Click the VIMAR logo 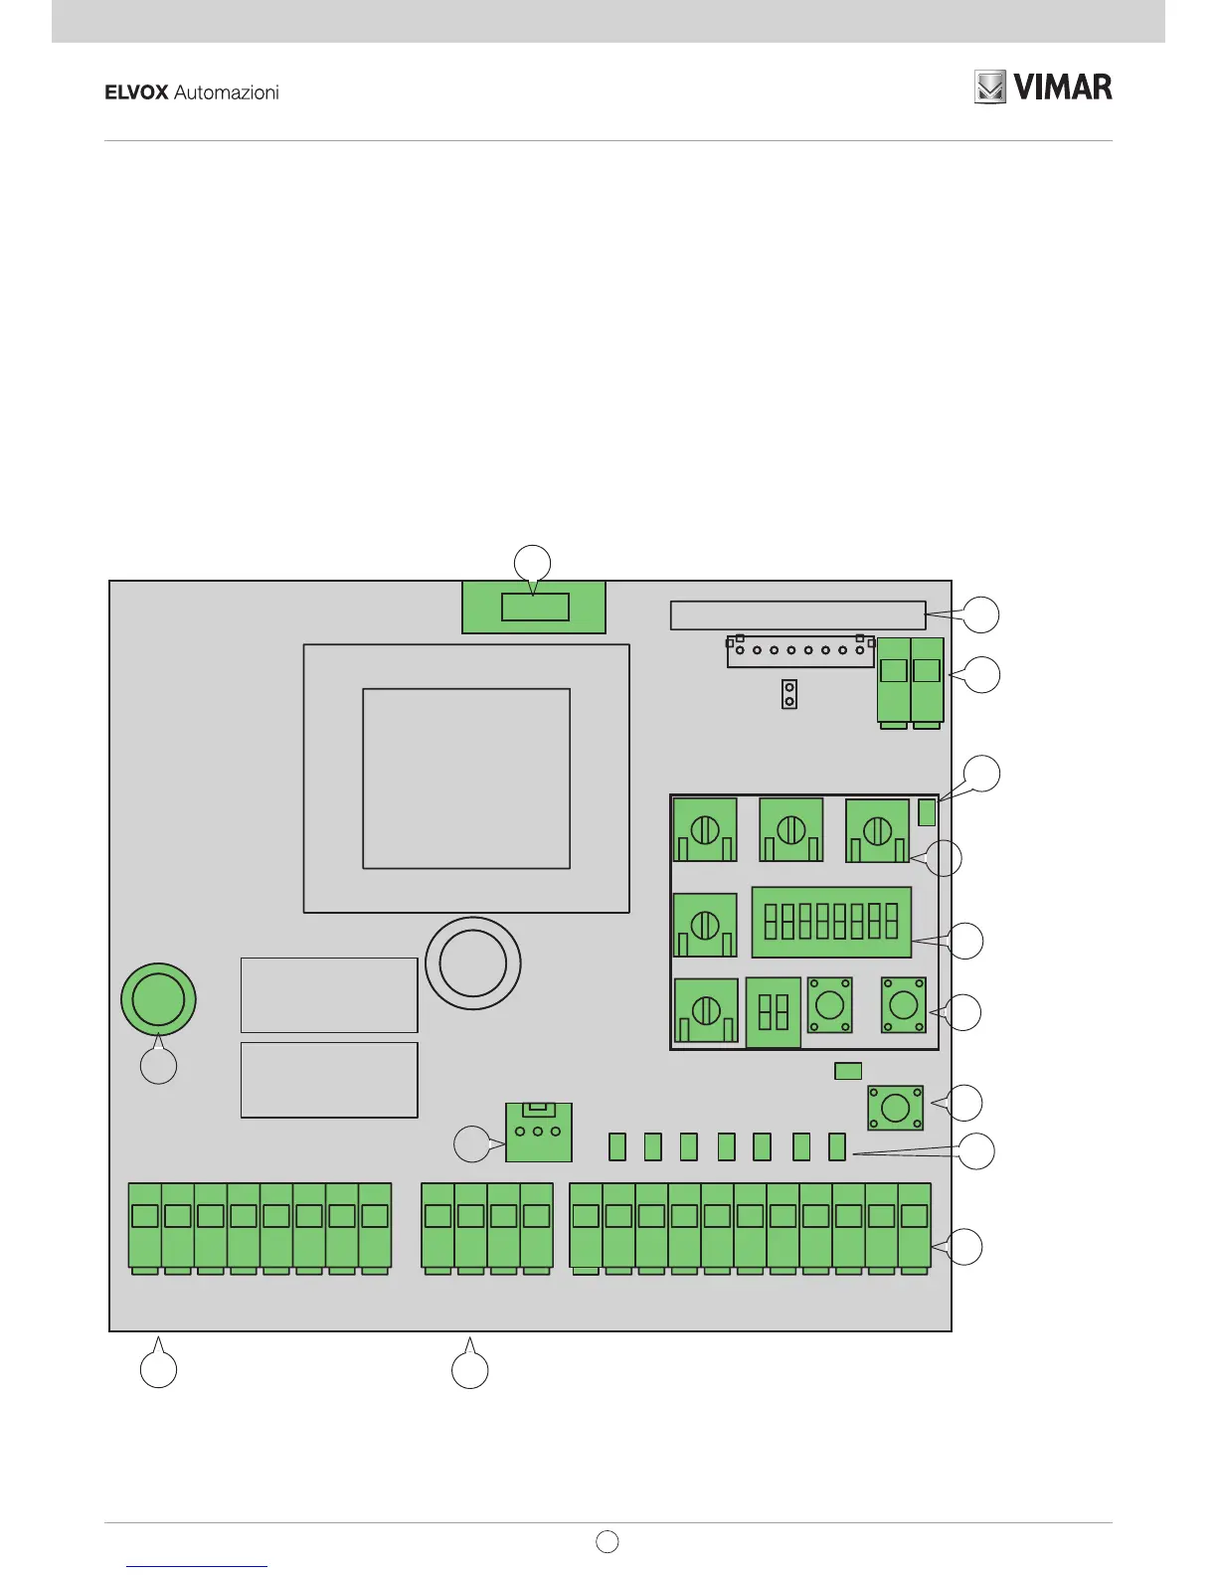pyautogui.click(x=1043, y=87)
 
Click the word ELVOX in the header pyautogui.click(x=136, y=92)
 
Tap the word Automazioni pyautogui.click(x=227, y=92)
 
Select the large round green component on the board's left pyautogui.click(x=158, y=998)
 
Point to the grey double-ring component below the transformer pyautogui.click(x=473, y=962)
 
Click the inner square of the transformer pyautogui.click(x=466, y=778)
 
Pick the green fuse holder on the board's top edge pyautogui.click(x=534, y=607)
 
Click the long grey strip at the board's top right pyautogui.click(x=797, y=614)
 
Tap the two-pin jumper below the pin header pyautogui.click(x=789, y=694)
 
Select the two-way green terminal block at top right pyautogui.click(x=910, y=681)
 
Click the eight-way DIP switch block pyautogui.click(x=831, y=922)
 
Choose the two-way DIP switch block pyautogui.click(x=774, y=1013)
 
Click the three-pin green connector pyautogui.click(x=539, y=1132)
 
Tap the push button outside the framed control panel pyautogui.click(x=895, y=1107)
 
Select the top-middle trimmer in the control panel pyautogui.click(x=790, y=829)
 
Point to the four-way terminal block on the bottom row pyautogui.click(x=487, y=1226)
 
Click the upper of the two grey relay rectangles pyautogui.click(x=329, y=995)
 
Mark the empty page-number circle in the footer pyautogui.click(x=608, y=1541)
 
